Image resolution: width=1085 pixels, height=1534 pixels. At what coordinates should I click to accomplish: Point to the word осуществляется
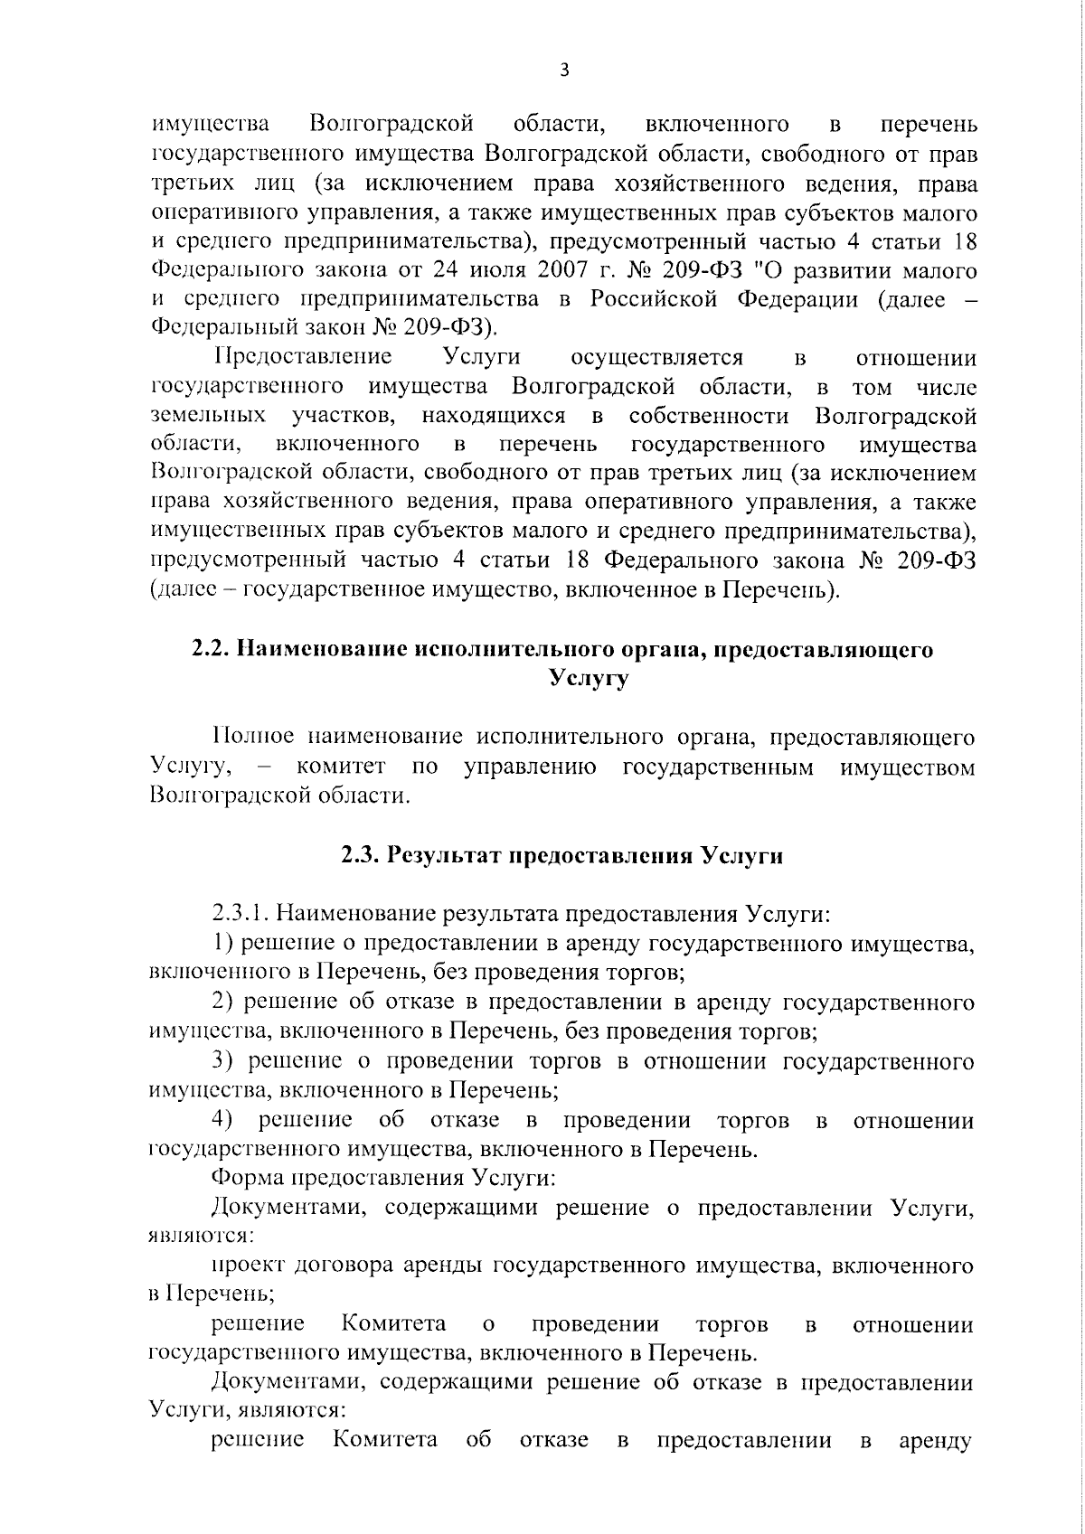(657, 357)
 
